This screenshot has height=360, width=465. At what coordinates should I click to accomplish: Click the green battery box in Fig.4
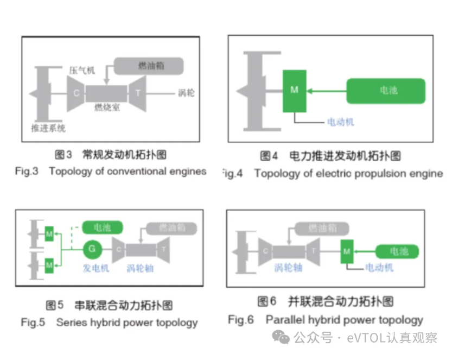(x=386, y=91)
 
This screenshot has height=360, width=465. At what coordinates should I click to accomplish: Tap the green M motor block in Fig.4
(x=294, y=91)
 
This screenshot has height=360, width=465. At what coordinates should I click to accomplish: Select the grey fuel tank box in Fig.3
(x=149, y=66)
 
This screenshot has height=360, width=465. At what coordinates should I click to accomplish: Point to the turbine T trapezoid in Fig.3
(x=138, y=92)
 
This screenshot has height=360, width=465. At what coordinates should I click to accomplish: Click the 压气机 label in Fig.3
(x=82, y=71)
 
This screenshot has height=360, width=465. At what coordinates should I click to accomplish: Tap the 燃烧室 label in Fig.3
(x=106, y=107)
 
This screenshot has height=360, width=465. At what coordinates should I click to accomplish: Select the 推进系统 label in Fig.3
(x=48, y=128)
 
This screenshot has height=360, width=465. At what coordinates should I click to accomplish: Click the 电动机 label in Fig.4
(x=340, y=122)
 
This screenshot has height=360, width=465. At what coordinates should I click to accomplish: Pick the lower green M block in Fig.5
(x=49, y=265)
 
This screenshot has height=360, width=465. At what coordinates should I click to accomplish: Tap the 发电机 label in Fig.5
(x=96, y=268)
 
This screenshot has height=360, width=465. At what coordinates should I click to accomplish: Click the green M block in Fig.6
(x=347, y=251)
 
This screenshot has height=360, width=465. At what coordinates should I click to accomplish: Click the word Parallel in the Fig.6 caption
(x=282, y=320)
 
